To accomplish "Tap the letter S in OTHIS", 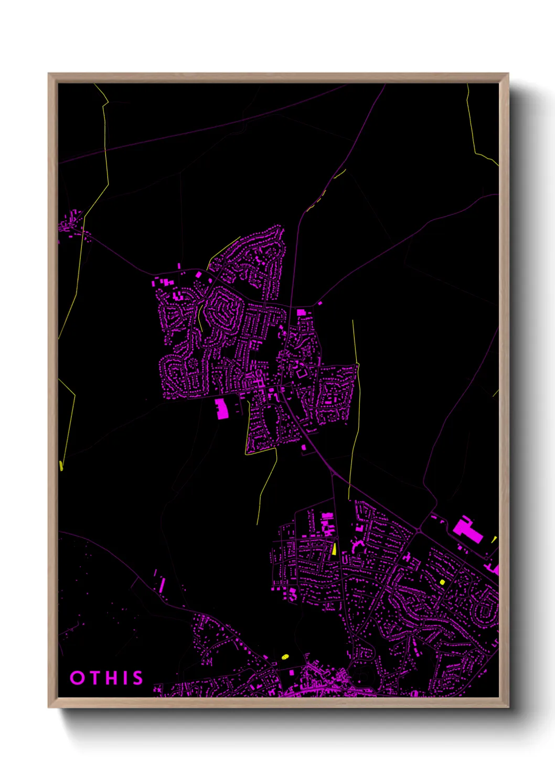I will (137, 678).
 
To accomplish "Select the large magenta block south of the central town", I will (222, 408).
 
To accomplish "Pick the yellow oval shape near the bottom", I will (285, 656).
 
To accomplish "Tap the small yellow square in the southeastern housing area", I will (442, 582).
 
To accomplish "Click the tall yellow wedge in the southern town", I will (334, 549).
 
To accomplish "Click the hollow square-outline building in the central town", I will (302, 373).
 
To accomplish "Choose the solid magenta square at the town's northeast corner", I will (301, 312).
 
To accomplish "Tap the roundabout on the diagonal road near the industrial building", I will (419, 531).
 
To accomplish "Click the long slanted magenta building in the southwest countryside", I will (162, 585).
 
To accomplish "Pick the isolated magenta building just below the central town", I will (304, 447).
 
